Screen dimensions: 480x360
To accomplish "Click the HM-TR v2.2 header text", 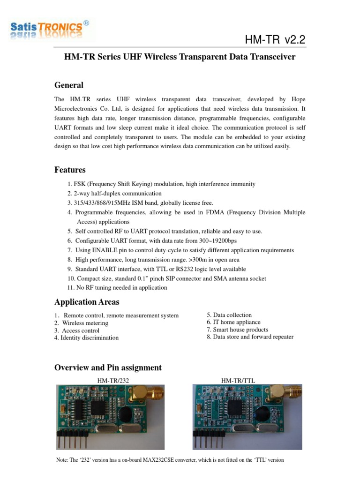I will pos(275,40).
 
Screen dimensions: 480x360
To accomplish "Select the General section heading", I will pos(69,85).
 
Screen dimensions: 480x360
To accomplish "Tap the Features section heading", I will pos(70,170).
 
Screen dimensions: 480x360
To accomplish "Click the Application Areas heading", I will pos(87,302).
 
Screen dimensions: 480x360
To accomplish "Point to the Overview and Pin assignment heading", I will pos(108,367).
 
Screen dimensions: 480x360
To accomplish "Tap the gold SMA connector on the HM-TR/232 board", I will pos(150,394).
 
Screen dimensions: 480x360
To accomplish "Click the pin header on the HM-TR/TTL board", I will pos(209,441).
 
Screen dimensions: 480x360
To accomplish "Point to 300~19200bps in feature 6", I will pos(251,240).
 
